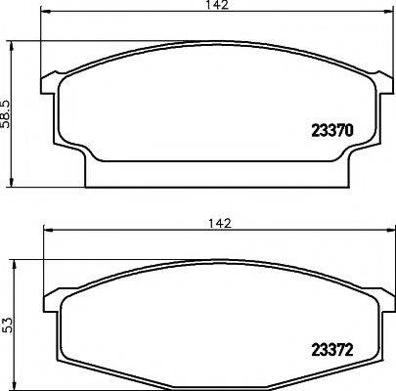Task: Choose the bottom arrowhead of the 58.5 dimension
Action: [x=12, y=182]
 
